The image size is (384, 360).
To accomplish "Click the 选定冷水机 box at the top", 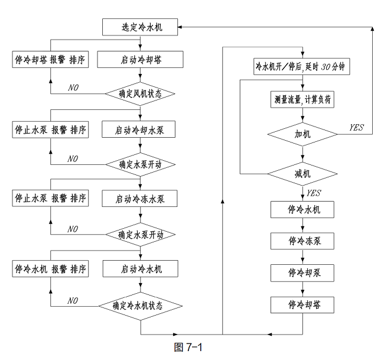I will point(139,27).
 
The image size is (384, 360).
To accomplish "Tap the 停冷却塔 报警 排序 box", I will point(51,60).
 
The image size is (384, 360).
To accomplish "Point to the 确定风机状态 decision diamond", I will point(140,93).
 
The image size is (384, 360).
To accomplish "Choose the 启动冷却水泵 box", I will point(139,129).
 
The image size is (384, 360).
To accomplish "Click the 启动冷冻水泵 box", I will point(139,199).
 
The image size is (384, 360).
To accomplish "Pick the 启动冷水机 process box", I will point(140,268).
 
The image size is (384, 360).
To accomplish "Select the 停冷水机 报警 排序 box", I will point(51,268).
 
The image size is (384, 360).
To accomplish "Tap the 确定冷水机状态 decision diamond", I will point(139,306).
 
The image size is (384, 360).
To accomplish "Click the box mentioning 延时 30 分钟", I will point(303,67).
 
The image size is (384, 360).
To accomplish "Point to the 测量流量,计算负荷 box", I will point(303,100).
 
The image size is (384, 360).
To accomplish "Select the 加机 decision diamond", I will point(303,135).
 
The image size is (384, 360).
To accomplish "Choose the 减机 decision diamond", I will point(303,174).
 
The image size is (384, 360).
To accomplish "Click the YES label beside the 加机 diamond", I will point(356,127).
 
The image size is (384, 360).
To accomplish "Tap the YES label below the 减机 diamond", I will point(314,193).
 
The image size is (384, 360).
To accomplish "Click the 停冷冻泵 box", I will point(303,241).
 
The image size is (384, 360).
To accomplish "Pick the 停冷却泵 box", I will point(303,273).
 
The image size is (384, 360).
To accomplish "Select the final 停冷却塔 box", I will point(303,305).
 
